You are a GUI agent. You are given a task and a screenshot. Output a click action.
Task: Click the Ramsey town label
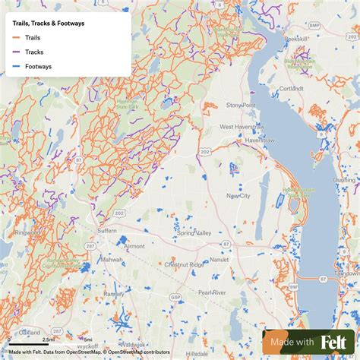click(x=114, y=293)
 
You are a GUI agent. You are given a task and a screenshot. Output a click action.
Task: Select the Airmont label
click(x=134, y=246)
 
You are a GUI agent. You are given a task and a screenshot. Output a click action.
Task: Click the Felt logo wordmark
click(x=334, y=343)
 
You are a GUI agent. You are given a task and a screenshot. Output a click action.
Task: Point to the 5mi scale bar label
click(x=88, y=339)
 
